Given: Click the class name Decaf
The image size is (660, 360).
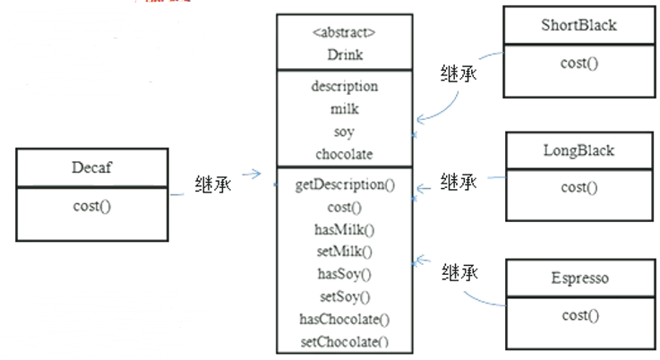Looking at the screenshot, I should [91, 167].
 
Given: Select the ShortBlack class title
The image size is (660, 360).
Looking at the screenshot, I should [579, 25].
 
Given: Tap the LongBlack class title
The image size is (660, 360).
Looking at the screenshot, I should [579, 150].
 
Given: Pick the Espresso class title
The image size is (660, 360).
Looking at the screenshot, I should [579, 278].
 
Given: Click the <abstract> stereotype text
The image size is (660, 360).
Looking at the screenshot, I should [344, 33].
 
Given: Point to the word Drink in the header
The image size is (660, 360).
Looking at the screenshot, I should [344, 54].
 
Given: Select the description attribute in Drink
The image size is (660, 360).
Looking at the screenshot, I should [344, 87].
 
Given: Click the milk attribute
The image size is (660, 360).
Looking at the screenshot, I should [344, 109].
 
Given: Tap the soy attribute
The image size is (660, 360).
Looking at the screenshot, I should [344, 132].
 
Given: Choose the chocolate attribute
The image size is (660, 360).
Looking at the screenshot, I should [344, 154].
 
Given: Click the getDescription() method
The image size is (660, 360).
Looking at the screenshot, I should [344, 185].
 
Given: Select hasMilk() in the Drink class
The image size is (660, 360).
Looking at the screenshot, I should [344, 229].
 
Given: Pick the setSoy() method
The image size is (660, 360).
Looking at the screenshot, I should [344, 296].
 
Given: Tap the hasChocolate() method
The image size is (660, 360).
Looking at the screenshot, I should [344, 319].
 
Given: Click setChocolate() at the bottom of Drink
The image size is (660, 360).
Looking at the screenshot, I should [344, 341].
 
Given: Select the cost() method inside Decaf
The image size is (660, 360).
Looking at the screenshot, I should [91, 206].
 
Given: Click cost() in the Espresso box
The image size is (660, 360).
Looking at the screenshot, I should [579, 315].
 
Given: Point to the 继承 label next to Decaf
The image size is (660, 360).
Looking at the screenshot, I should [213, 184].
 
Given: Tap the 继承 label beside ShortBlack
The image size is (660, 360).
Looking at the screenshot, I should [458, 73].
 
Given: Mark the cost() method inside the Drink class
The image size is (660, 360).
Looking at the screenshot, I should [344, 207].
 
